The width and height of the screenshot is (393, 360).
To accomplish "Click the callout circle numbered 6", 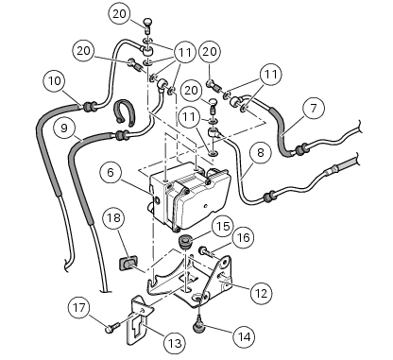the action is coord(111,173).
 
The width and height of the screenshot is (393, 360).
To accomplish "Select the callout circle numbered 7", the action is coord(314,109).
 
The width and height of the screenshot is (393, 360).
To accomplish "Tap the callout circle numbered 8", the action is coord(260,153).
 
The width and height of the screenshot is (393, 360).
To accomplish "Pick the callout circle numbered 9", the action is coord(64,129).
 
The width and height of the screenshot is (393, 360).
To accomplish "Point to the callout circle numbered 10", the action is coord(55,81).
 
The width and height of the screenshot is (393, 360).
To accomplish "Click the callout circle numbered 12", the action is coord(262,294).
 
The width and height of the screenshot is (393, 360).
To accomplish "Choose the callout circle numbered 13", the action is coord(175,343).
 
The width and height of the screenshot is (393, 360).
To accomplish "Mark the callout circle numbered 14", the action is coord(245,337).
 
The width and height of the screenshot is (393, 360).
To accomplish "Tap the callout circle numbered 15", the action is coord(223,227).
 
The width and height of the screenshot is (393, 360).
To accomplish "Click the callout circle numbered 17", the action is coord(79,307).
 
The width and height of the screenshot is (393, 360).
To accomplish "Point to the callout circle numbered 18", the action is coord(114,218).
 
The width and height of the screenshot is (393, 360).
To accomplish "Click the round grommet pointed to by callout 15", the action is coord(183,243).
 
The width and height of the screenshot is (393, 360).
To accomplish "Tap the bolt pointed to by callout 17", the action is coord(112,327).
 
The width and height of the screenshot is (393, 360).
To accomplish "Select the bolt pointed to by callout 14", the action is coord(198,323).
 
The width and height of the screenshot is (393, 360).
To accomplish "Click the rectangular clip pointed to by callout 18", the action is coord(128,263).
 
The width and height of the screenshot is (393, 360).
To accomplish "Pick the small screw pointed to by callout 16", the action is coord(207,251).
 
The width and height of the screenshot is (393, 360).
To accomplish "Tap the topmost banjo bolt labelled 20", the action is coord(148,26).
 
